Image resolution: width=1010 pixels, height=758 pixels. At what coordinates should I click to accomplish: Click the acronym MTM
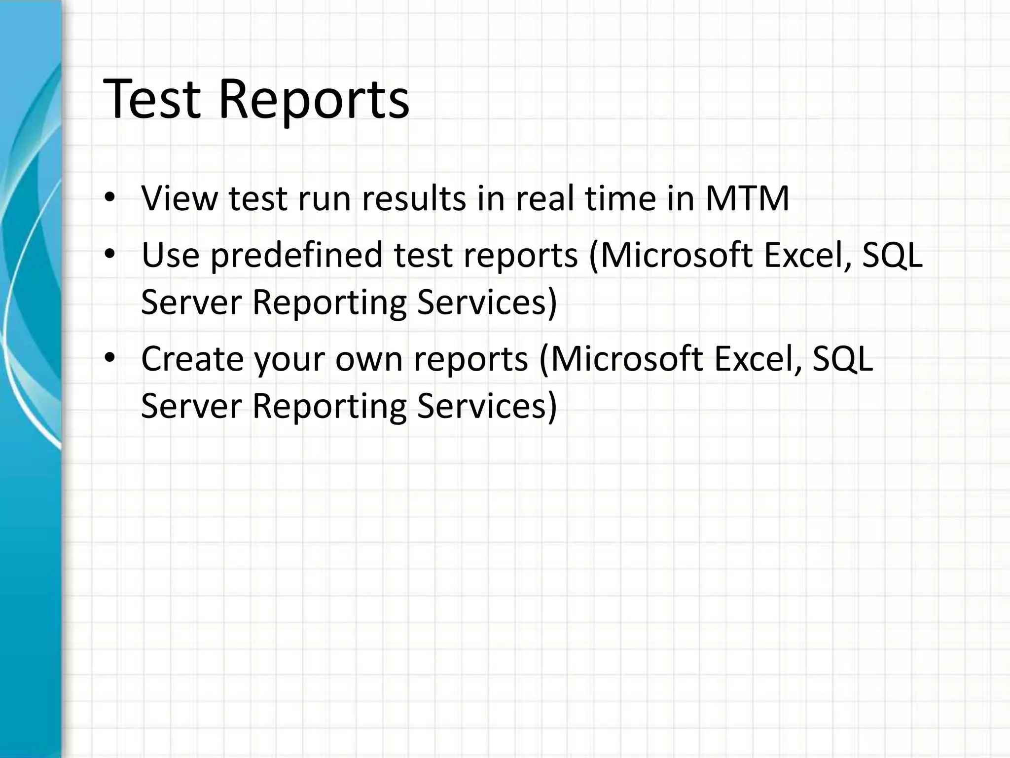pos(747,198)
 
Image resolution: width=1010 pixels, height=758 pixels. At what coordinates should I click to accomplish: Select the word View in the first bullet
pos(180,198)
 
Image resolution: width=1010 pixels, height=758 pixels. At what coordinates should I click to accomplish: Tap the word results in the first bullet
pos(414,198)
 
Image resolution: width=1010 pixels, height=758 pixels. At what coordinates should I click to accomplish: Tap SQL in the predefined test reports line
pos(892,255)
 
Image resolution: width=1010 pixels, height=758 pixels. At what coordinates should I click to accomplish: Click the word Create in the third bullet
pos(192,359)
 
